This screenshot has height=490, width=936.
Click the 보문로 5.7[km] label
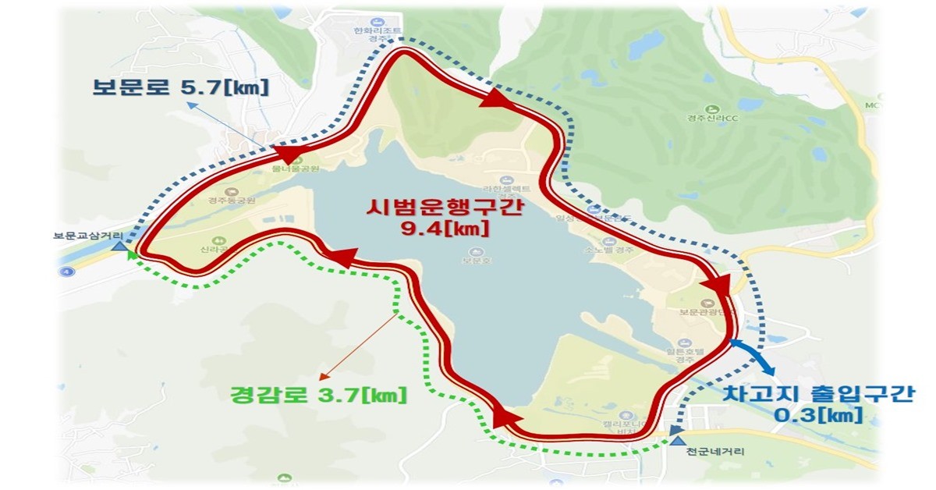point(180,87)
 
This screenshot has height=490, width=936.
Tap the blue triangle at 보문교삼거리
point(119,247)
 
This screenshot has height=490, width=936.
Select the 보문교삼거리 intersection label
point(87,234)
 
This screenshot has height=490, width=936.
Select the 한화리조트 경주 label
point(378,34)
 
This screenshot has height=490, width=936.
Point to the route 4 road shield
point(62,272)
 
